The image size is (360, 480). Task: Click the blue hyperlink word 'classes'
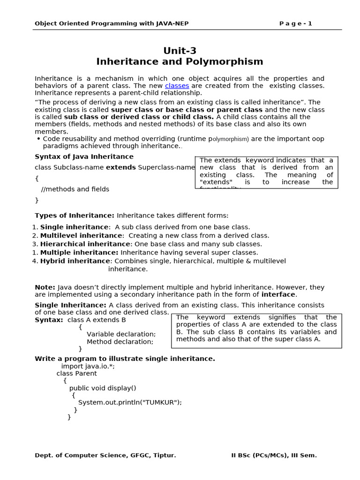point(177,86)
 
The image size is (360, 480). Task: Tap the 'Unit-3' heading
point(180,51)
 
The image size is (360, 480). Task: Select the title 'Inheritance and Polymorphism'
point(180,62)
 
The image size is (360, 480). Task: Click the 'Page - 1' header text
point(295,23)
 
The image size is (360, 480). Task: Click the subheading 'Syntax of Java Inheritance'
point(84,157)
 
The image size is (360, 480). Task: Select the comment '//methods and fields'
point(75,189)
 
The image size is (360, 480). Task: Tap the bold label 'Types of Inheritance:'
point(75,216)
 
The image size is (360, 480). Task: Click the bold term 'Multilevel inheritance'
point(81,236)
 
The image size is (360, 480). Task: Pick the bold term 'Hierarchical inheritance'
point(85,244)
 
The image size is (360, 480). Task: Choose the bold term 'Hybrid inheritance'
point(75,261)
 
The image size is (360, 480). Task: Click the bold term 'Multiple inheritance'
point(78,253)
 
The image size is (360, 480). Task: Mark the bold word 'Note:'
point(45,287)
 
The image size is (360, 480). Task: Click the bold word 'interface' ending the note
point(278,295)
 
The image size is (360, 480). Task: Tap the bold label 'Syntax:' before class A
point(49,320)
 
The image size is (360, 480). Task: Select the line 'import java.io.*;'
point(88,366)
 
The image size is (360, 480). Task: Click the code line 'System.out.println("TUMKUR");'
point(130,402)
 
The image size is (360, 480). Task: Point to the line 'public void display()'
point(103,388)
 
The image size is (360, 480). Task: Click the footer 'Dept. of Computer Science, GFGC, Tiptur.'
point(105,455)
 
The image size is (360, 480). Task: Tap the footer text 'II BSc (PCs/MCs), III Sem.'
point(274,455)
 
